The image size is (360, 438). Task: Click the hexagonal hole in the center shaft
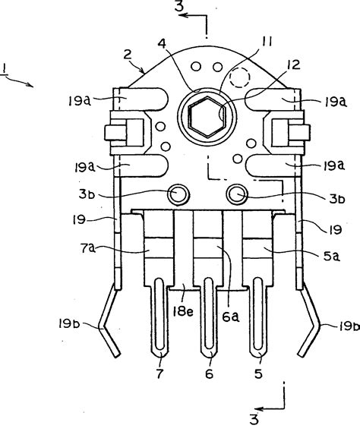(x=207, y=118)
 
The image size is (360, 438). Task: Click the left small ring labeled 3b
(x=180, y=194)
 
